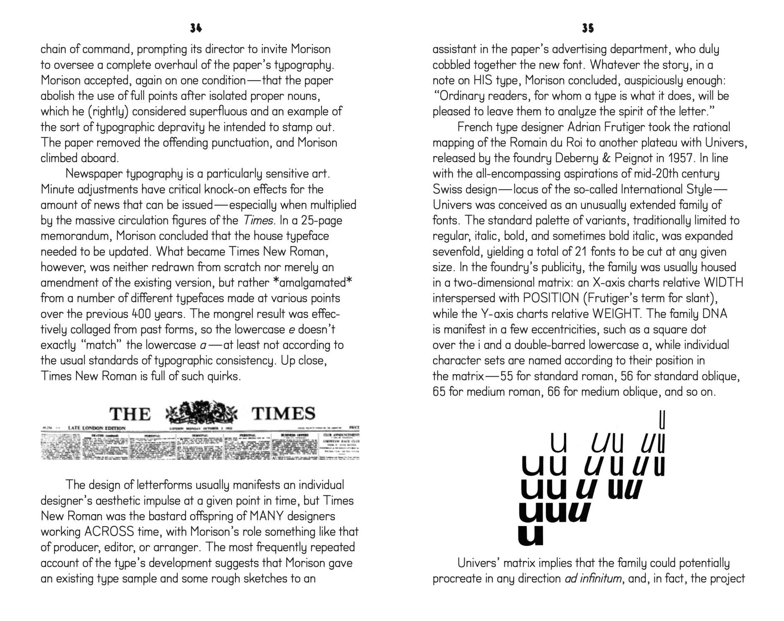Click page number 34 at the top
(x=196, y=28)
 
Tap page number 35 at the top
(x=588, y=28)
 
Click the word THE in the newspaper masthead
(x=130, y=414)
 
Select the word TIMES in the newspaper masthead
(x=284, y=414)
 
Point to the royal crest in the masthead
(x=202, y=412)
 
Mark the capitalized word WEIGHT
(x=616, y=314)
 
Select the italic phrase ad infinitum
(x=593, y=578)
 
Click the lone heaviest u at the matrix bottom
(x=530, y=534)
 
